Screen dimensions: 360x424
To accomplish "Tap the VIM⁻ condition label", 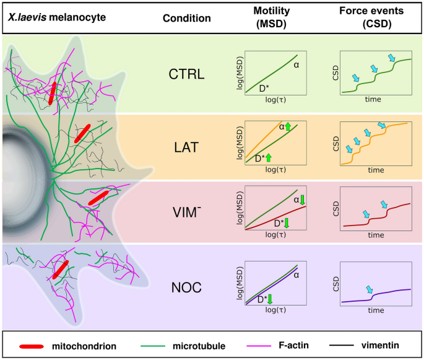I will click(187, 211).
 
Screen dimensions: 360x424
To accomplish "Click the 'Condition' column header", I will click(186, 18).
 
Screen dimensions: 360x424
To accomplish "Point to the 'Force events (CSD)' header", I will click(376, 18).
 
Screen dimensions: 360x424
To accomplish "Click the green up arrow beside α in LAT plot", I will click(288, 126).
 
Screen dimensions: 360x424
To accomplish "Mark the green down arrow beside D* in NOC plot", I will click(270, 300).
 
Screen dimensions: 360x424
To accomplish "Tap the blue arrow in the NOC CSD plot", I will click(370, 290).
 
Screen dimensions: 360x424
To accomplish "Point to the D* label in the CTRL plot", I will click(262, 89).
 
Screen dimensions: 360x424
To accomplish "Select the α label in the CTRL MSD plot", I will click(296, 64).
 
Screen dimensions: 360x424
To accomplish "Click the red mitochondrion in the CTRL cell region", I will click(54, 94).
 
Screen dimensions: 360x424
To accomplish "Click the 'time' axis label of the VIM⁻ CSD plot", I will click(376, 235).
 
